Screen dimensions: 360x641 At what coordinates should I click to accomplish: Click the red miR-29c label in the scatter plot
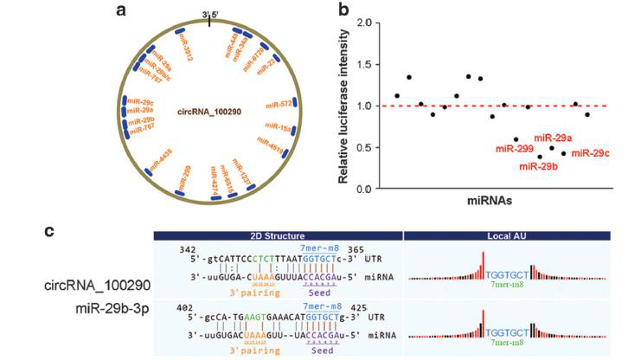tap(589, 153)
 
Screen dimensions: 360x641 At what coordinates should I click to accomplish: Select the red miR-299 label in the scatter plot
tap(514, 149)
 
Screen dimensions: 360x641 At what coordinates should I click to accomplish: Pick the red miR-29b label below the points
tap(539, 165)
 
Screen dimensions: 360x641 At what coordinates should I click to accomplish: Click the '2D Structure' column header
tap(278, 235)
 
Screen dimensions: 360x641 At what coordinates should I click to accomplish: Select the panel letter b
tap(343, 10)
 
